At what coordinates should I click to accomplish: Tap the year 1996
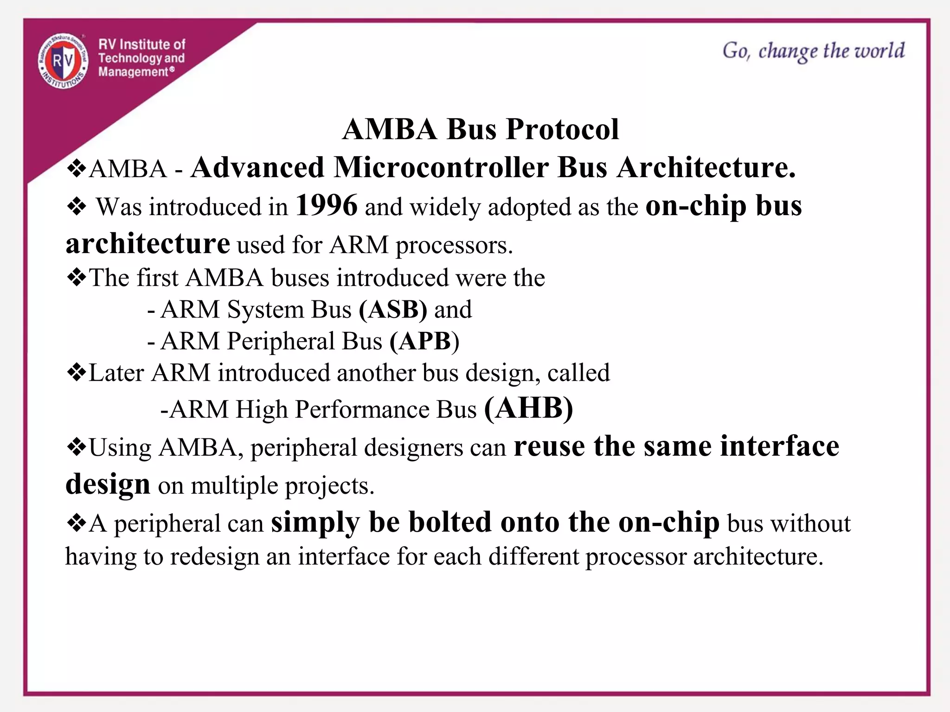click(327, 205)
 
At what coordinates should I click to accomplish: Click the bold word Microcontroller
click(441, 167)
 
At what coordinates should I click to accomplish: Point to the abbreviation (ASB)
click(393, 310)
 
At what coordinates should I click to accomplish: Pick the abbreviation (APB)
click(424, 341)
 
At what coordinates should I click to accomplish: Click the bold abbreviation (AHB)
click(528, 408)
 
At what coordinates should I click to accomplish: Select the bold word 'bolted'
click(449, 522)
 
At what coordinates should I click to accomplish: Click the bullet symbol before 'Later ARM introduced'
click(76, 372)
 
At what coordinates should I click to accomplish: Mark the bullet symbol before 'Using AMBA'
click(76, 447)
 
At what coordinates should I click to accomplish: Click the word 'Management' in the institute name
click(133, 72)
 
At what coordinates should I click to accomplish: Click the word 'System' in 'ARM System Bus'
click(265, 310)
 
